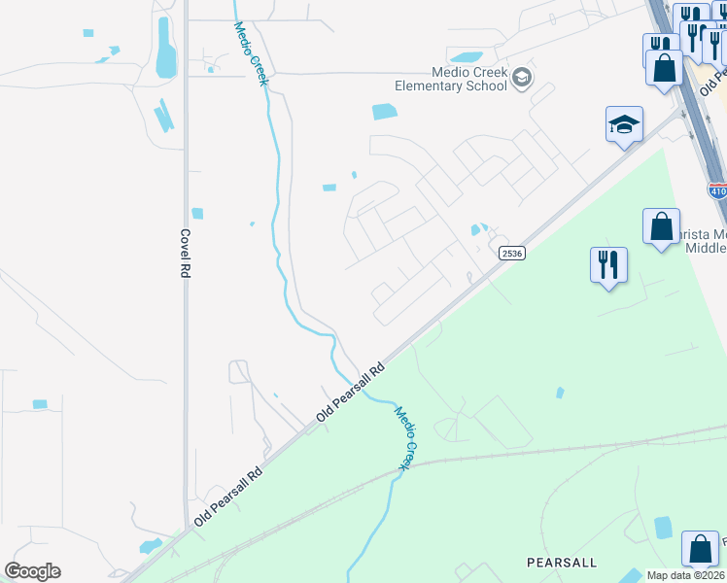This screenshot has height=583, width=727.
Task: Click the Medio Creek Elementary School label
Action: click(450, 78)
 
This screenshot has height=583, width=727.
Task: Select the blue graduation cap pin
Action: click(624, 125)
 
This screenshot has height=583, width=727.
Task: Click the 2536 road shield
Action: click(512, 253)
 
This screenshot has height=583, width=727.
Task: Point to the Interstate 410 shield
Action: click(717, 191)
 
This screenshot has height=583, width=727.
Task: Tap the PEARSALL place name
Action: click(561, 563)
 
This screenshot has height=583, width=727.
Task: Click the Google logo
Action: click(32, 571)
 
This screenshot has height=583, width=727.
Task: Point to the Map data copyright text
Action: click(684, 575)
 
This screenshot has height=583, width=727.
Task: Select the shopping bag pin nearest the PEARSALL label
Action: click(700, 550)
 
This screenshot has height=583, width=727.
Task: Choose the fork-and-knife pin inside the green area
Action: click(608, 264)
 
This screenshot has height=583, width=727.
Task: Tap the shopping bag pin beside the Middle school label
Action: click(661, 226)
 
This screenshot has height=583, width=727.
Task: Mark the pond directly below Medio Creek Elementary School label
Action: click(385, 112)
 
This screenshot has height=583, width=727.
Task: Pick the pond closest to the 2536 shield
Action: click(476, 230)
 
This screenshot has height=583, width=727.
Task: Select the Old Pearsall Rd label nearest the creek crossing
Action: click(351, 392)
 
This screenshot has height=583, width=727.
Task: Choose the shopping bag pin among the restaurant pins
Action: click(665, 69)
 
